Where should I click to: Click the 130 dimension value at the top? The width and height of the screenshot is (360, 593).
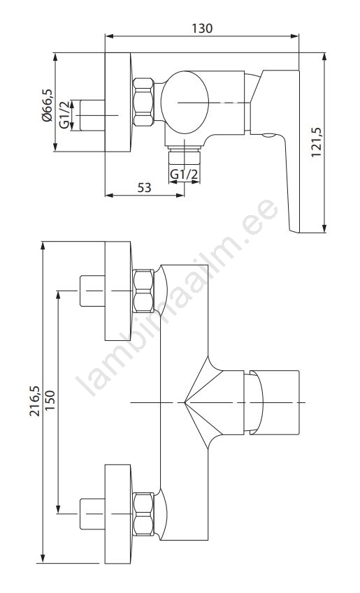[x=202, y=29]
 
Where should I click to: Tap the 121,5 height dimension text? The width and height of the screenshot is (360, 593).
[x=316, y=142]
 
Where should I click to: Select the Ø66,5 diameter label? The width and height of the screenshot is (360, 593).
[x=47, y=105]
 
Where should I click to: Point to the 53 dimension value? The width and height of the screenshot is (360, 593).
[x=144, y=187]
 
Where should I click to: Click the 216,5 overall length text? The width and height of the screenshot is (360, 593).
[x=34, y=401]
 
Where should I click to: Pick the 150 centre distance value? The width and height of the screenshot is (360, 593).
[x=50, y=400]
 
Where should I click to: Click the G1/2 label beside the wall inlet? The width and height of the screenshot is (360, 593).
[x=65, y=115]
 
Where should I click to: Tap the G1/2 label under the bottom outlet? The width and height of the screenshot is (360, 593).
[x=184, y=175]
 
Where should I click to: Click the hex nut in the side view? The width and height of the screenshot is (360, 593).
[x=143, y=102]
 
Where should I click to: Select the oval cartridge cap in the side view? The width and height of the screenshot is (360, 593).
[x=185, y=102]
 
